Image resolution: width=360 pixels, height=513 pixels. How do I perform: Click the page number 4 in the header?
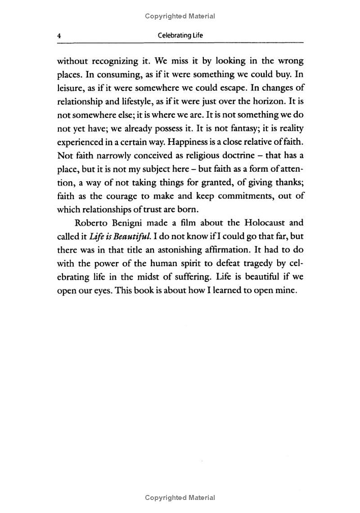coord(58,36)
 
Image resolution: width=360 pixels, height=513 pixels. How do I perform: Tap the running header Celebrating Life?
coord(180,36)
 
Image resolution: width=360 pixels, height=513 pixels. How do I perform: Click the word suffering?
coord(203,277)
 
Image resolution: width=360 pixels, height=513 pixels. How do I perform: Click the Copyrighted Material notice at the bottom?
coord(180,498)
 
